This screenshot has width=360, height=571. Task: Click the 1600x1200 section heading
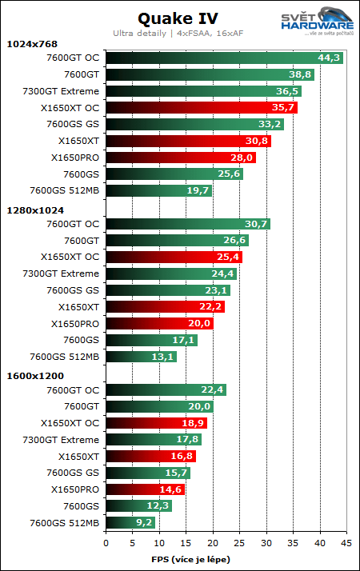34,376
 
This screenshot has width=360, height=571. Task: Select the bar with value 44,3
224,58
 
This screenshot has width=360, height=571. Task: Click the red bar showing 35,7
201,107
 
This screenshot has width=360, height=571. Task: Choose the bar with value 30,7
188,224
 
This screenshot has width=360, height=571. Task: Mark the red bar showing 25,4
174,258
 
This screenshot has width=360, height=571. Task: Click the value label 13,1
163,357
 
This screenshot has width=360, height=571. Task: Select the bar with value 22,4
166,390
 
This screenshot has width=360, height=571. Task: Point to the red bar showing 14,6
145,489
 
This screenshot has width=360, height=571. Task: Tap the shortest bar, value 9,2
130,523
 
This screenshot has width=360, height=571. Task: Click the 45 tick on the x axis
346,542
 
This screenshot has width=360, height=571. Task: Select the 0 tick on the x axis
106,542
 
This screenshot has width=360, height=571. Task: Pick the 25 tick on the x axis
240,542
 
